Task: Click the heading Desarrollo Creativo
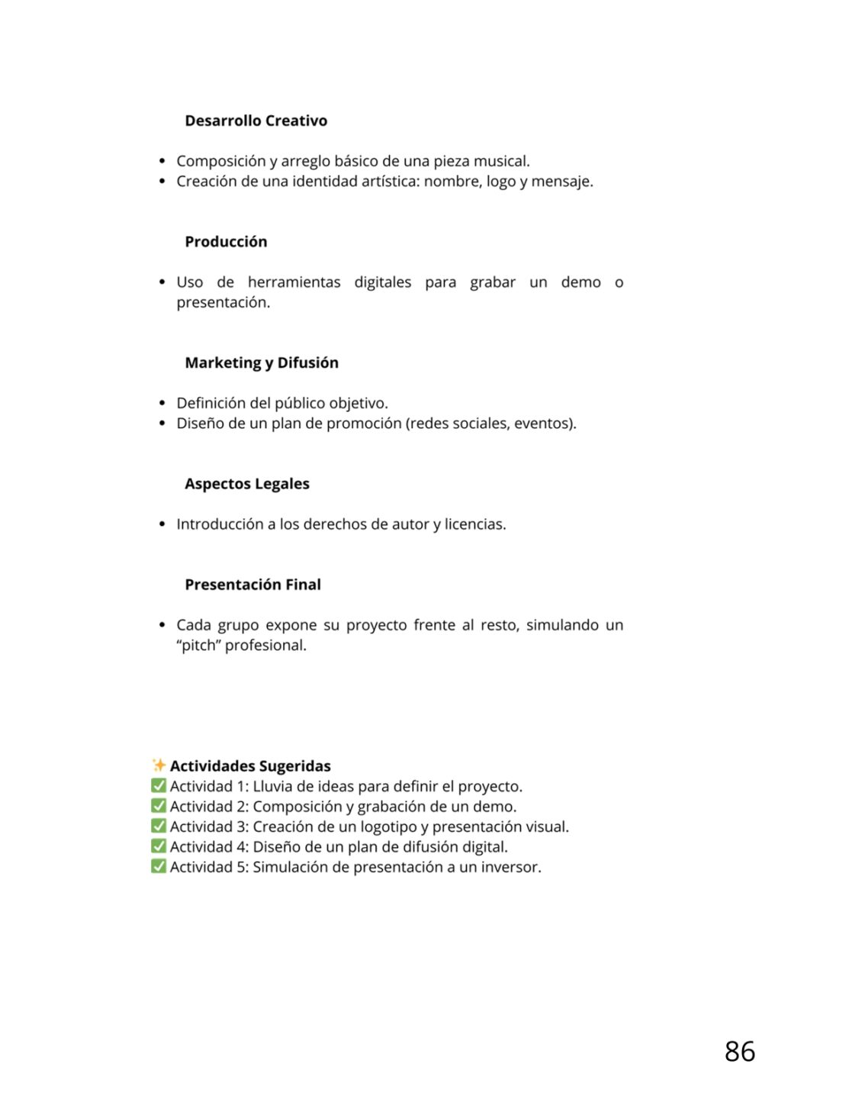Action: point(256,121)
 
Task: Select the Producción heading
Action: point(226,242)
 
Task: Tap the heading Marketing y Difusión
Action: point(261,363)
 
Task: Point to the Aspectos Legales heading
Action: point(246,484)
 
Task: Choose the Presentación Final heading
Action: point(252,585)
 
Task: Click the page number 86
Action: point(739,1052)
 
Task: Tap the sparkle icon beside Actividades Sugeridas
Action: point(159,765)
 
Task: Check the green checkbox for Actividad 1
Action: point(159,786)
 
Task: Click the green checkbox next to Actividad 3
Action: point(159,827)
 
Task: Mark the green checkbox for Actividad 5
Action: point(159,867)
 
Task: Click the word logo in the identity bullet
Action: point(501,182)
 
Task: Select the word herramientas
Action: point(294,282)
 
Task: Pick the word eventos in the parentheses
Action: point(544,424)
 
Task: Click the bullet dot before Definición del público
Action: point(162,403)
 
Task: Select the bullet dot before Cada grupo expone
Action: point(162,625)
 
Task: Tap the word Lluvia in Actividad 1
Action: point(276,786)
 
